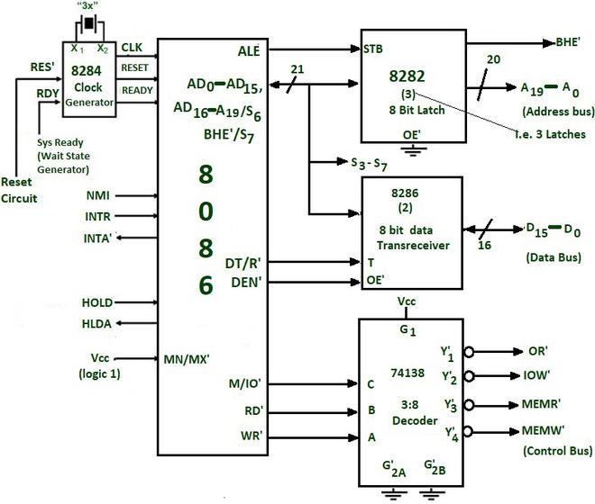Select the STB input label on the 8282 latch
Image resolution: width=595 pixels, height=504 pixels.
[x=372, y=49]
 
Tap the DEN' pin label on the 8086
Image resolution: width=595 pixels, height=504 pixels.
[x=247, y=283]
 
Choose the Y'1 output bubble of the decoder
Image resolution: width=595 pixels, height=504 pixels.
[x=469, y=353]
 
